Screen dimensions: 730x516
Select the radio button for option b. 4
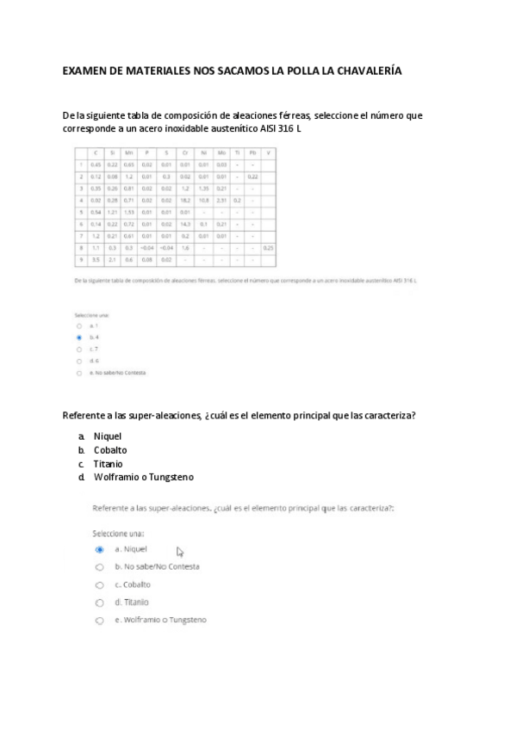tap(78, 338)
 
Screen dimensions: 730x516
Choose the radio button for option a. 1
tap(78, 326)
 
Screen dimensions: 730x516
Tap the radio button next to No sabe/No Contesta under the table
tap(78, 373)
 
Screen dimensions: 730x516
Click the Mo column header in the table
tap(221, 152)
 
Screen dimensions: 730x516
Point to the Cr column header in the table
tap(185, 152)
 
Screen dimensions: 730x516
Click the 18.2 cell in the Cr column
tap(185, 199)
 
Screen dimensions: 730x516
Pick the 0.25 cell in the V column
tap(268, 246)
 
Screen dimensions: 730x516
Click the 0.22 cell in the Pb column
tap(252, 176)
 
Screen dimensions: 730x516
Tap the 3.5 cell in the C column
tap(96, 258)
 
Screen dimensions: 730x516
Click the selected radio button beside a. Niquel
tap(100, 549)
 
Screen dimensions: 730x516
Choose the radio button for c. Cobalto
tap(100, 585)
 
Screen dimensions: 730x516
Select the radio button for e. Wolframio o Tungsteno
tap(100, 620)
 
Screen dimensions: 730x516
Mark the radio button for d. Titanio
tap(100, 603)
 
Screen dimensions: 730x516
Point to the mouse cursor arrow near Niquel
tap(180, 551)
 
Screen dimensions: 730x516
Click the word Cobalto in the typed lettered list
tap(110, 449)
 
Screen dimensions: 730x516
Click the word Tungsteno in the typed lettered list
tap(171, 477)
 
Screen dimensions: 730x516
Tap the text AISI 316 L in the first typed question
tap(281, 129)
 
